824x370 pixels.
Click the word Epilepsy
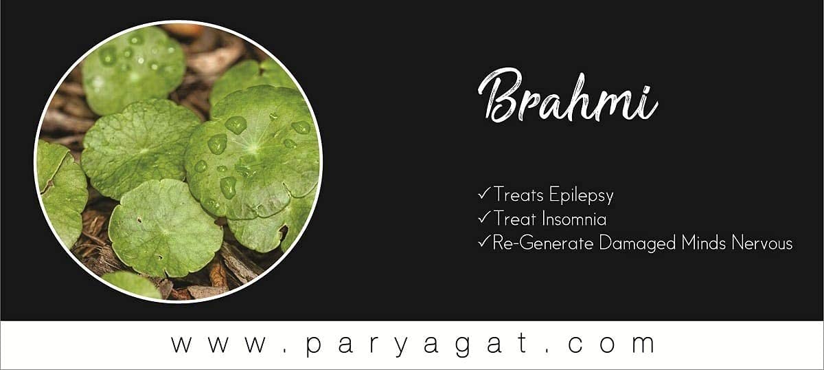581,195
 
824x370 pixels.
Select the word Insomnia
574,219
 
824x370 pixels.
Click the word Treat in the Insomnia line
514,219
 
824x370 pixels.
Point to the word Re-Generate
542,243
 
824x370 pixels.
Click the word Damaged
637,243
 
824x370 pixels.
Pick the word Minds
703,243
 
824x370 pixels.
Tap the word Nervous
762,243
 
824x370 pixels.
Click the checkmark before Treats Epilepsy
485,193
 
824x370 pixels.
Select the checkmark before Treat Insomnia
485,217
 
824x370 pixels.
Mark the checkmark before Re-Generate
485,242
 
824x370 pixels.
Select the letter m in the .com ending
642,344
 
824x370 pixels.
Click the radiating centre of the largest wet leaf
253,148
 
